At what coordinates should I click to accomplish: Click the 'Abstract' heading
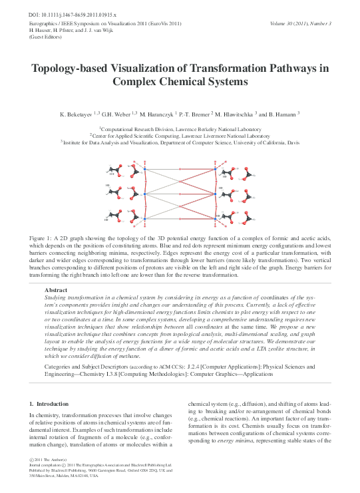[56, 290]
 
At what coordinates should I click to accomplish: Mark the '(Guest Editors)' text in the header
[44, 37]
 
